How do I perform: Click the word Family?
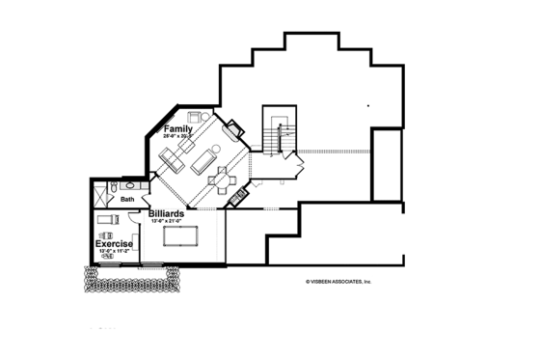coord(177,128)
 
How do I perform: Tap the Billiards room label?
coord(168,213)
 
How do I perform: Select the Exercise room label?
coord(114,244)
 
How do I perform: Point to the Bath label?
coord(127,200)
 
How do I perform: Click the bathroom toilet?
coord(113,187)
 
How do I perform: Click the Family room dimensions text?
coord(177,137)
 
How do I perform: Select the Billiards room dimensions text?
coord(168,222)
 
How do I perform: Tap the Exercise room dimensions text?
coord(114,252)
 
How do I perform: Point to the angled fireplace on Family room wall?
coord(235,127)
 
